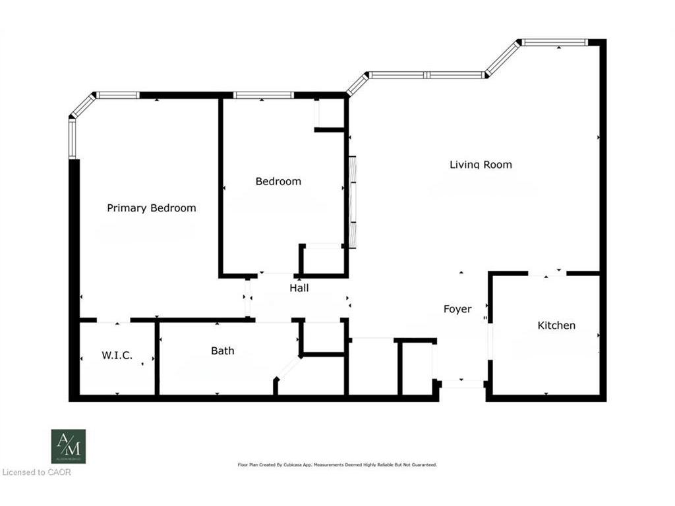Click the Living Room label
pos(481,165)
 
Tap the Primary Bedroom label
pos(152,208)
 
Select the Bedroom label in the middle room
pos(278,181)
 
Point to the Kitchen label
pos(556,325)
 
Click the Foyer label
pos(457,309)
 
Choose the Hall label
pos(299,288)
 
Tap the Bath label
pos(222,351)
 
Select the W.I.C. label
pos(117,356)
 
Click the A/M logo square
pos(69,446)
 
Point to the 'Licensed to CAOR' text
pos(36,472)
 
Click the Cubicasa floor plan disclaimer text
pos(337,464)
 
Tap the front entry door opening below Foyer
pos(462,384)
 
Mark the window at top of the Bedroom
pos(264,96)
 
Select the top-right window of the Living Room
pos(554,43)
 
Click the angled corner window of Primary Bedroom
pos(83,106)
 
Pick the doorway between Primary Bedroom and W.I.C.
pos(113,321)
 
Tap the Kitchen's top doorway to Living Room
pos(547,273)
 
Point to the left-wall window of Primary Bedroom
pos(73,138)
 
